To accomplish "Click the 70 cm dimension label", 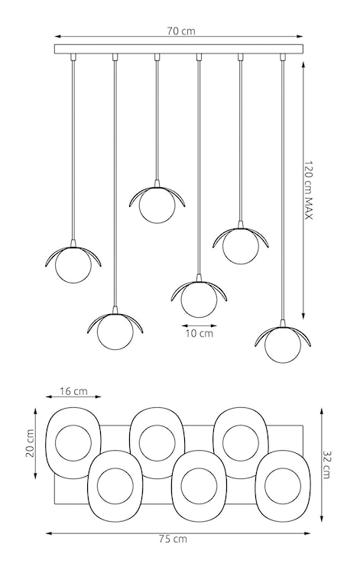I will (x=181, y=31).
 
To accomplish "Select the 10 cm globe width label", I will (x=199, y=333).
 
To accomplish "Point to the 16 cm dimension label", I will (x=73, y=392).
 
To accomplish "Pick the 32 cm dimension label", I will (x=327, y=464).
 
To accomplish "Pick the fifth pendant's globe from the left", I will (x=240, y=247).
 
